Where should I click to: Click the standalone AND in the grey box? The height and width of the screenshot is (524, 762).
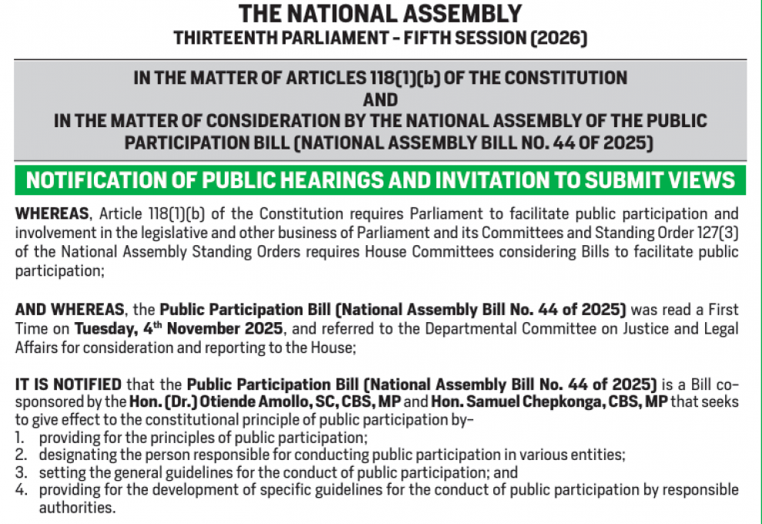(x=380, y=99)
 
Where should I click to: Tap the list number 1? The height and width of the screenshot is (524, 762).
(x=20, y=438)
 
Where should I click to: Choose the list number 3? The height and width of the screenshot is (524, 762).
(x=20, y=472)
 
